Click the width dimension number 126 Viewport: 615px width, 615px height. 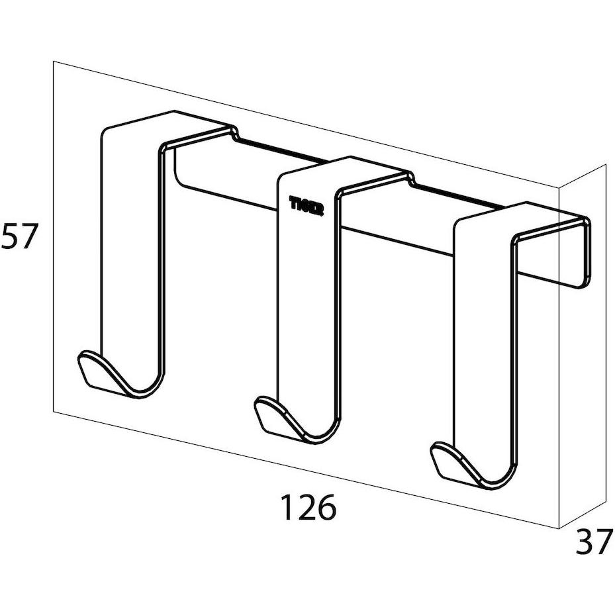click(x=308, y=508)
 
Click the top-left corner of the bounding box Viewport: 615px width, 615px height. click(x=53, y=62)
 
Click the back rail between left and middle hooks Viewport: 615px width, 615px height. click(x=225, y=179)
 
